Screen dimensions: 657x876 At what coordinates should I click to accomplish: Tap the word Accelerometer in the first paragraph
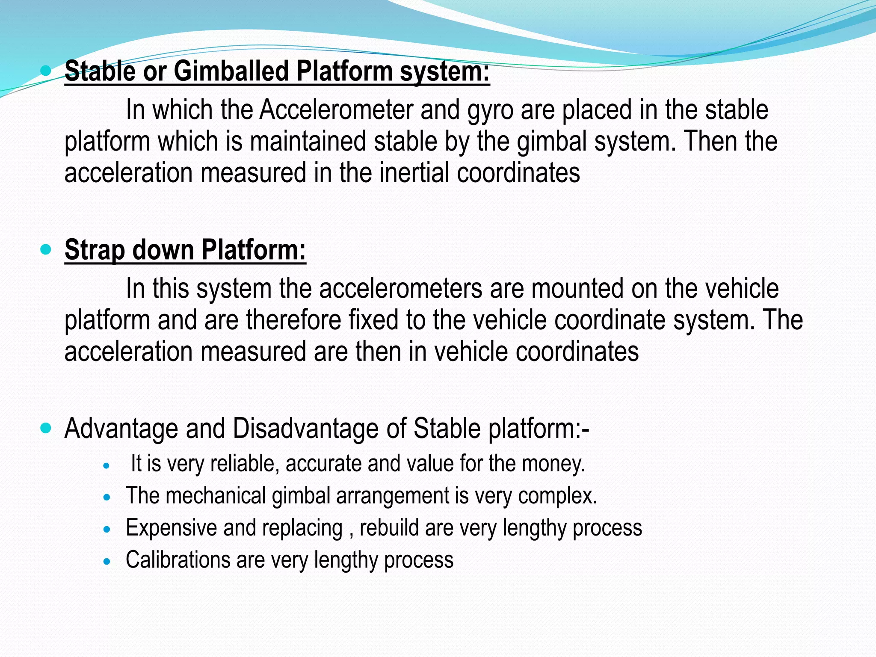(336, 110)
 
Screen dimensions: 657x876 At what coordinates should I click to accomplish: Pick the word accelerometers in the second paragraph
(400, 289)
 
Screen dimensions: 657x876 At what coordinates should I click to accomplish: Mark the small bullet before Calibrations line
(107, 561)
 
